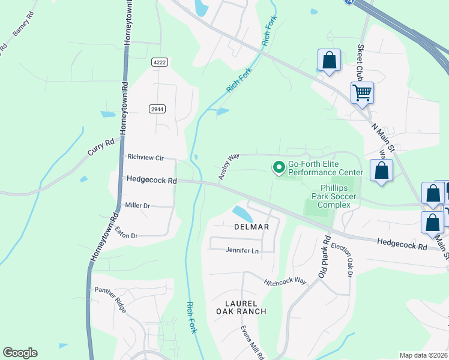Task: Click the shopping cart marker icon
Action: pyautogui.click(x=362, y=93)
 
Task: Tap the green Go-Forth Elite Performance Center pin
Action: pyautogui.click(x=279, y=167)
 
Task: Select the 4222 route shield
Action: pyautogui.click(x=159, y=62)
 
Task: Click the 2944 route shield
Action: pyautogui.click(x=157, y=109)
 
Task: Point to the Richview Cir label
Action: pyautogui.click(x=145, y=157)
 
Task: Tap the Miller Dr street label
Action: pyautogui.click(x=137, y=205)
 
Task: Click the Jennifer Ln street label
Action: pyautogui.click(x=242, y=250)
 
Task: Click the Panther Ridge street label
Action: pyautogui.click(x=110, y=298)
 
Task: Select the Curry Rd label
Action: pyautogui.click(x=101, y=148)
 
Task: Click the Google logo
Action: pyautogui.click(x=20, y=353)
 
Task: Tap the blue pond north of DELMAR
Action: pyautogui.click(x=241, y=213)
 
